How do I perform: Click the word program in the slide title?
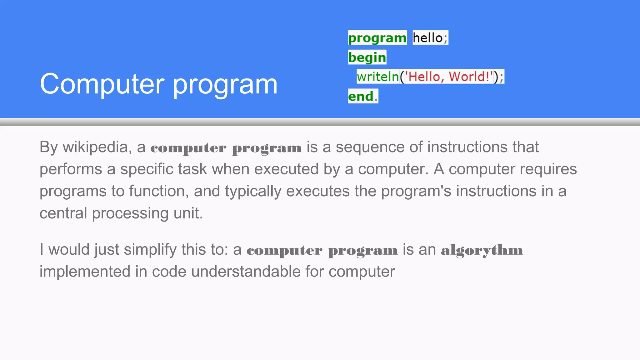click(x=225, y=85)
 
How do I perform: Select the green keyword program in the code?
click(x=377, y=38)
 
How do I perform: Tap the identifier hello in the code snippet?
click(x=427, y=38)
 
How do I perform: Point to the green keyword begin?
click(x=367, y=57)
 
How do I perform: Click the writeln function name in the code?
click(x=378, y=77)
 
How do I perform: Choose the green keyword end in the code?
click(x=361, y=96)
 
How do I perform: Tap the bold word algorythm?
click(x=482, y=250)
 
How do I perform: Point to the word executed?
click(x=286, y=169)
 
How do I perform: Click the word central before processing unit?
click(x=63, y=213)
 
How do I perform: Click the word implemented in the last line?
click(x=85, y=271)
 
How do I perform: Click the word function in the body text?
click(x=159, y=191)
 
